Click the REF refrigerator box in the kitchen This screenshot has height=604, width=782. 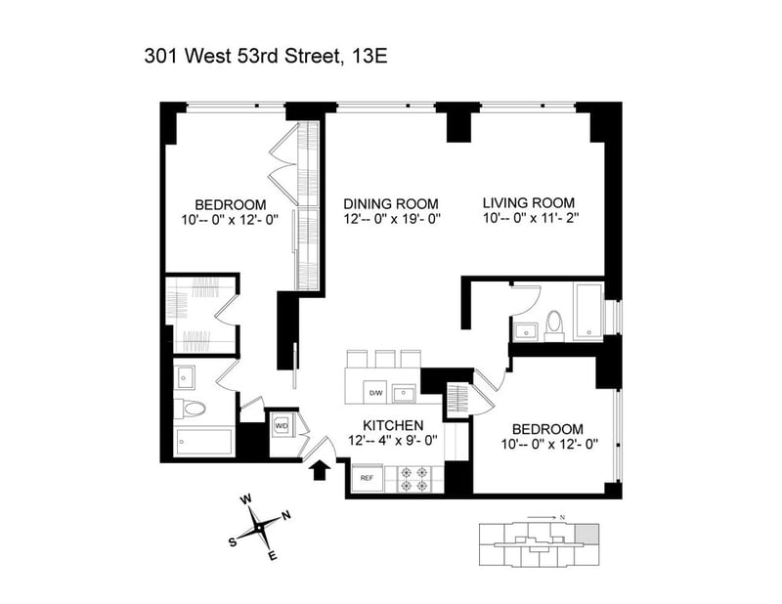click(x=368, y=479)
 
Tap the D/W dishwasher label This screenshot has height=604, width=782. click(x=375, y=393)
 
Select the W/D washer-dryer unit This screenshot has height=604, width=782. click(x=282, y=426)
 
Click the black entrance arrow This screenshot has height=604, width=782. click(x=319, y=470)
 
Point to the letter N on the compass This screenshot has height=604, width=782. click(x=286, y=516)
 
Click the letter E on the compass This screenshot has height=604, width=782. click(x=273, y=556)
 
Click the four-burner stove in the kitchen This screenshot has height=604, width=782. click(x=413, y=479)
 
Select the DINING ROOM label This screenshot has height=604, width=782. click(x=391, y=204)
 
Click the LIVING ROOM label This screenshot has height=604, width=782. click(x=529, y=203)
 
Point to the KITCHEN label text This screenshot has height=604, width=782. click(x=393, y=425)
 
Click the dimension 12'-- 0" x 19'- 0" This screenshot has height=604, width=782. click(x=392, y=219)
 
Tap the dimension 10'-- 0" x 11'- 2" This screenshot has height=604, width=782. click(x=531, y=218)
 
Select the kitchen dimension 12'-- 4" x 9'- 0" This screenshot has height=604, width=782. click(x=393, y=441)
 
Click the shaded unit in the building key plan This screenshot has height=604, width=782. click(x=587, y=534)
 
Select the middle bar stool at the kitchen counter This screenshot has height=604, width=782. click(x=385, y=359)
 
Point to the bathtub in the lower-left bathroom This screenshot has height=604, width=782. click(x=204, y=442)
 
